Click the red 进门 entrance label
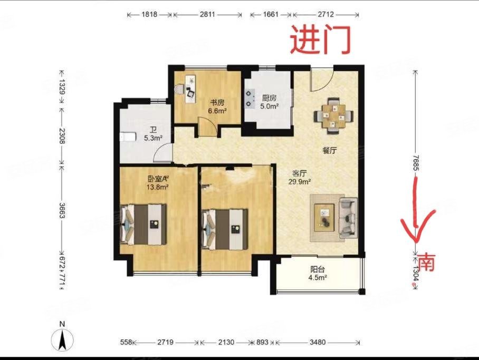(320, 39)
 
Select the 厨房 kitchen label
(270, 98)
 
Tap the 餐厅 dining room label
(330, 150)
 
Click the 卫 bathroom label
(153, 130)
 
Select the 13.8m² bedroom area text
(158, 187)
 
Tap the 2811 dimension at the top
(207, 15)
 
